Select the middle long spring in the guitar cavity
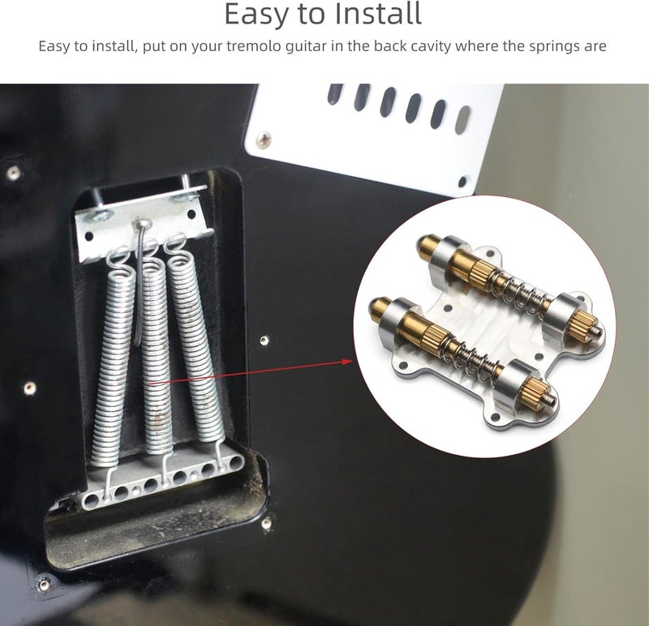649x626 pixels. pos(157,357)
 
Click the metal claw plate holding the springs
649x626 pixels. pos(138,223)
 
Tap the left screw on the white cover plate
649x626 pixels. pos(263,139)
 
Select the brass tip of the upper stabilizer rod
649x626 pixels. pos(428,244)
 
